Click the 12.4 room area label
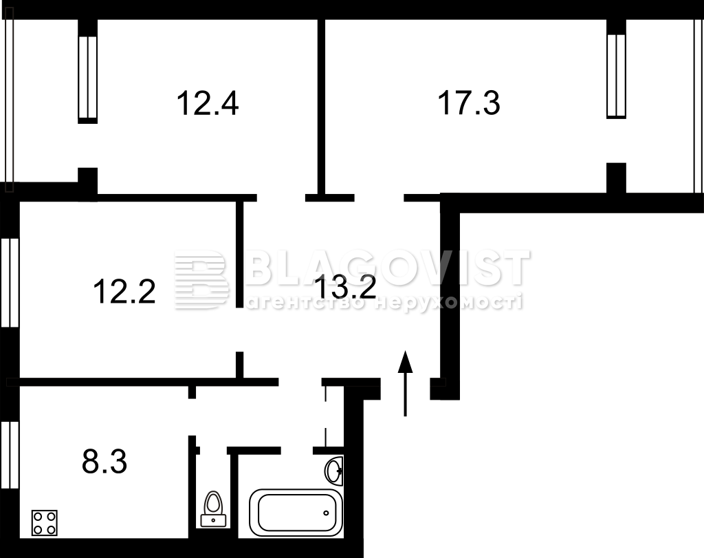point(208,103)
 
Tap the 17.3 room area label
point(469,103)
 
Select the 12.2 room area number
point(124,291)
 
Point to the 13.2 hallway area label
point(345,287)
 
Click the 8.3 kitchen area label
point(104,462)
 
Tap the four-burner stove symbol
point(45,523)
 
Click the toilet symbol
point(213,509)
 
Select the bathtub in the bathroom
point(296,513)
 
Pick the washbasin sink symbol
point(333,471)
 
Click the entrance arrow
point(406,383)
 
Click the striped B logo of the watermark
point(201,279)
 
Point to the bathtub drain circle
point(327,513)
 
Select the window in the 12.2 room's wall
point(10,283)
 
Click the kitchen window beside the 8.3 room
point(10,455)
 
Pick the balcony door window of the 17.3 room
point(616,76)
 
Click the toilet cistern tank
point(213,520)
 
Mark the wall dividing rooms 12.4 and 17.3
point(321,106)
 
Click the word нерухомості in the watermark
point(448,302)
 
